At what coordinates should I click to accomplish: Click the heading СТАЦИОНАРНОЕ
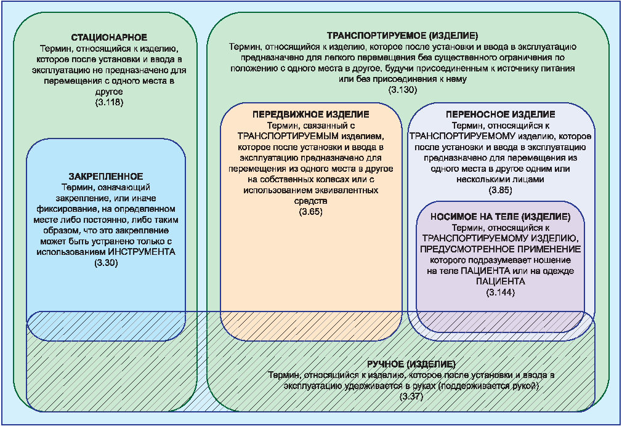tap(109, 38)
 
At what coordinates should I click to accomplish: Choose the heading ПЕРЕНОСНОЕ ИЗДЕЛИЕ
tap(499, 115)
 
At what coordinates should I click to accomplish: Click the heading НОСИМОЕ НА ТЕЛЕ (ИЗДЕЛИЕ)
tap(499, 218)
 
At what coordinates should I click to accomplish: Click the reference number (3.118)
tap(110, 102)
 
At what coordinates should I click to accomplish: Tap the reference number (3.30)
tap(106, 263)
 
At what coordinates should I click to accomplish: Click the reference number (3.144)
tap(500, 292)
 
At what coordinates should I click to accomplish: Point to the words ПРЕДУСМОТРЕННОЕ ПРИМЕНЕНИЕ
tap(500, 249)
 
